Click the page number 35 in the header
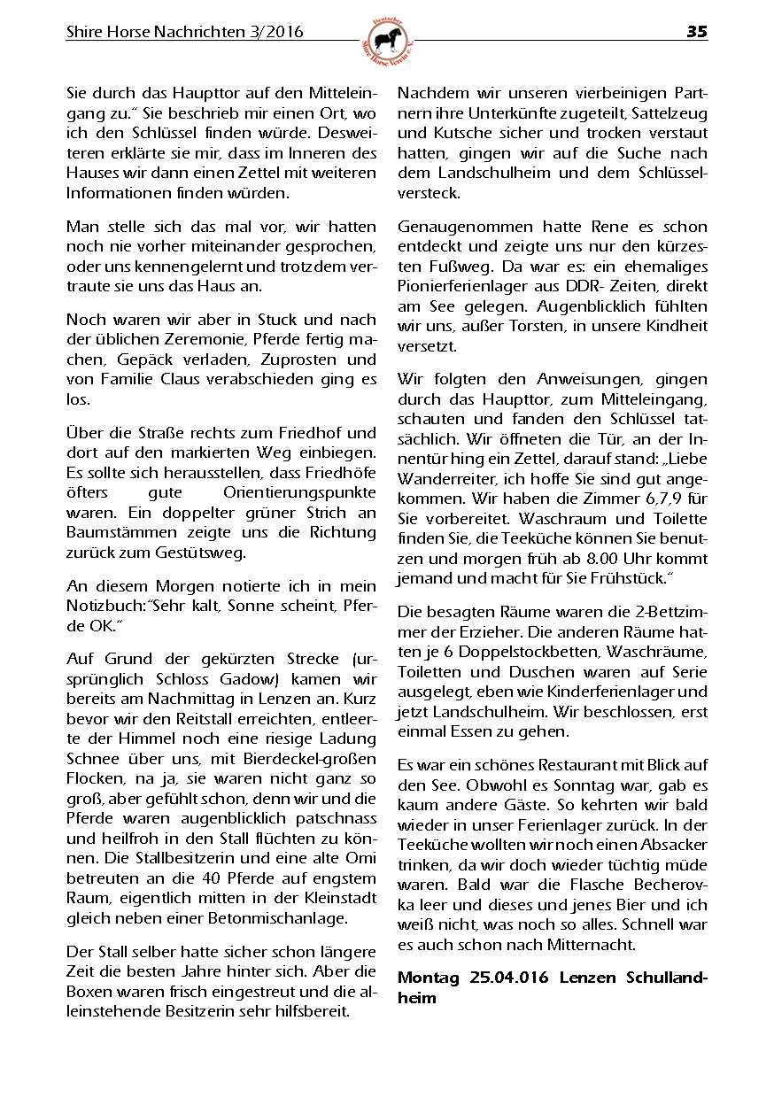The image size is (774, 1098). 696,32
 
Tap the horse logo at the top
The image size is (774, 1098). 388,41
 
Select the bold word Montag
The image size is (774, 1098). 429,978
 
